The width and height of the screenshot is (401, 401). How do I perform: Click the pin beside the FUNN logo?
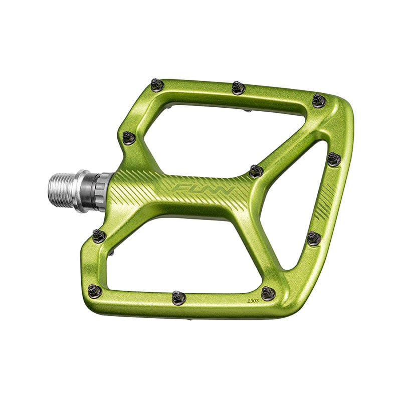[x=256, y=170]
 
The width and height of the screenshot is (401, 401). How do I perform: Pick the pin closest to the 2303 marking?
[x=268, y=293]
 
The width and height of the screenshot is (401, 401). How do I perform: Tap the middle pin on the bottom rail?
[x=178, y=297]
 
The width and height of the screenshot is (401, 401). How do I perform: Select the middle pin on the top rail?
[x=238, y=88]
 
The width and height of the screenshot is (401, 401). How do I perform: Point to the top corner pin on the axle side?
[x=157, y=85]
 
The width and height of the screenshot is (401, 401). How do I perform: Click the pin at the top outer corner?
[x=319, y=100]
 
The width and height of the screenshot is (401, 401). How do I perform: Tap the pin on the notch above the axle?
[x=129, y=137]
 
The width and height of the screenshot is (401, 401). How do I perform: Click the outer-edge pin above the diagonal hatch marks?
[x=334, y=159]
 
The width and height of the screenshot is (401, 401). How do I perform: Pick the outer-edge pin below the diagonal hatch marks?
[x=314, y=238]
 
